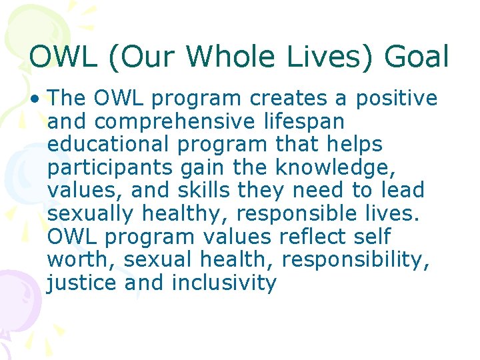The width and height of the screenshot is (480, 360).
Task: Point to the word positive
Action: [397, 99]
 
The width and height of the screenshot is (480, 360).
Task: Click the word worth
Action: [75, 259]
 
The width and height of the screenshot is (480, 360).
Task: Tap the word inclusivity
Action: [224, 283]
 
